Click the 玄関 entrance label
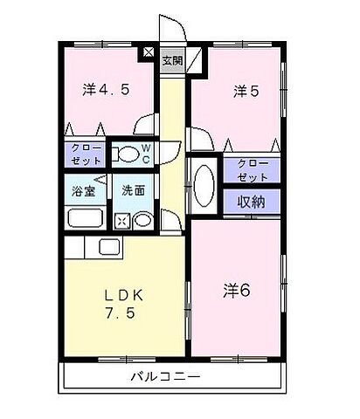point(172,60)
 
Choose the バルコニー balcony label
point(166,378)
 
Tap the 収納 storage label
point(252,202)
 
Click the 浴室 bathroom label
point(83,189)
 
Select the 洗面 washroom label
point(134,189)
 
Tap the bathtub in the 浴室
point(85,219)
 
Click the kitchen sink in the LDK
point(112,247)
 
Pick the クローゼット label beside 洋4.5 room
point(83,155)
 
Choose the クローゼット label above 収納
point(252,170)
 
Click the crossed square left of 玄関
point(149,55)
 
